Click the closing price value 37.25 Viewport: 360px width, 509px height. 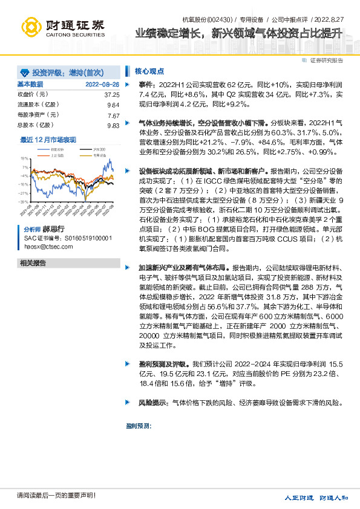(x=111, y=95)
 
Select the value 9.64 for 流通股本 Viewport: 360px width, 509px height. (x=113, y=105)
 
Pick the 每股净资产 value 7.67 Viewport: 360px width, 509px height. (x=113, y=115)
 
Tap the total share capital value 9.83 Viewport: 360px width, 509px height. (x=113, y=125)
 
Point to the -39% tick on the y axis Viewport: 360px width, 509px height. (x=24, y=201)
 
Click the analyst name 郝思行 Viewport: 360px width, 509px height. (x=53, y=230)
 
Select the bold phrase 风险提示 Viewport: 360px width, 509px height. (x=154, y=402)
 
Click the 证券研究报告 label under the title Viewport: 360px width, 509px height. (x=326, y=60)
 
